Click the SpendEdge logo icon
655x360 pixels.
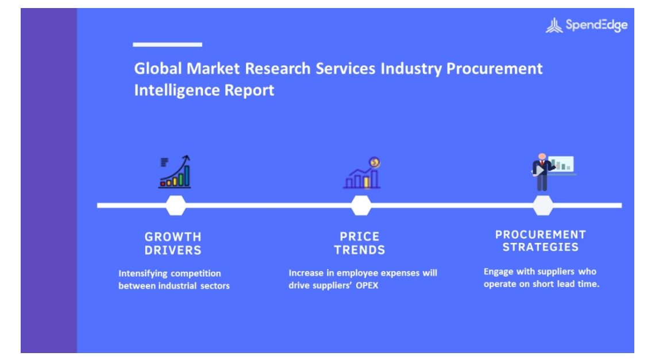coord(554,25)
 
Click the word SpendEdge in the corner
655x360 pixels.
coord(596,25)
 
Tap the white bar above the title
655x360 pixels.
coord(168,44)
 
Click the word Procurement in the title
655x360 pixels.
coord(494,68)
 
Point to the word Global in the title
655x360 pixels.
coord(158,68)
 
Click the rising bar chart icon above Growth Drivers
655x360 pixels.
coord(175,172)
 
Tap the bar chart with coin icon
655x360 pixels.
coord(362,173)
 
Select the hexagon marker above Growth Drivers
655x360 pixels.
coord(176,206)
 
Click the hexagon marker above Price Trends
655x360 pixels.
coord(361,206)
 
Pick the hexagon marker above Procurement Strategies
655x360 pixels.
coord(543,206)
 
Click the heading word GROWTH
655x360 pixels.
coord(173,237)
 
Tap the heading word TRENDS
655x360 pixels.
coord(360,250)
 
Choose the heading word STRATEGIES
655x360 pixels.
coord(541,247)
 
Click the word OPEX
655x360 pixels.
coord(367,286)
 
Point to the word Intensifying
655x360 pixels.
coord(143,274)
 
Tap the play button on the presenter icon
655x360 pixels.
coord(540,171)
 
